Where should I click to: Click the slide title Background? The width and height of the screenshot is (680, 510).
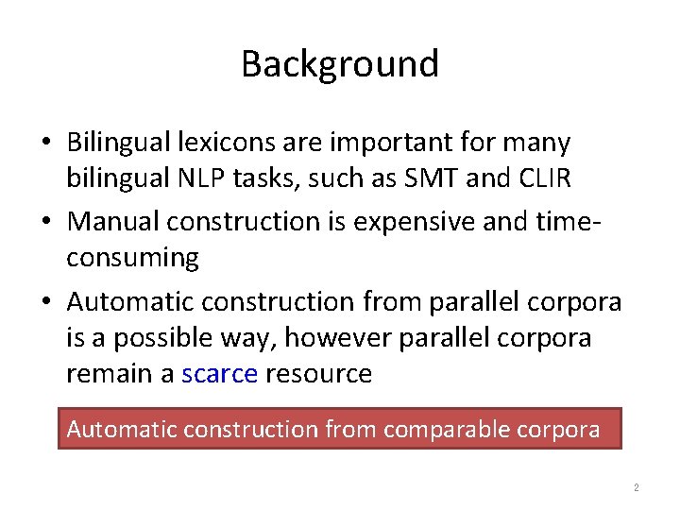(340, 64)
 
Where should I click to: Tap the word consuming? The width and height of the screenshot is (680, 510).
(132, 258)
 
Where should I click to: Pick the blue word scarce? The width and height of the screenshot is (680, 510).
(219, 374)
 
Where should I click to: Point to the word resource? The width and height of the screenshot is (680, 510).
(319, 374)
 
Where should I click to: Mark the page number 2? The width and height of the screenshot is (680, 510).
(636, 488)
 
